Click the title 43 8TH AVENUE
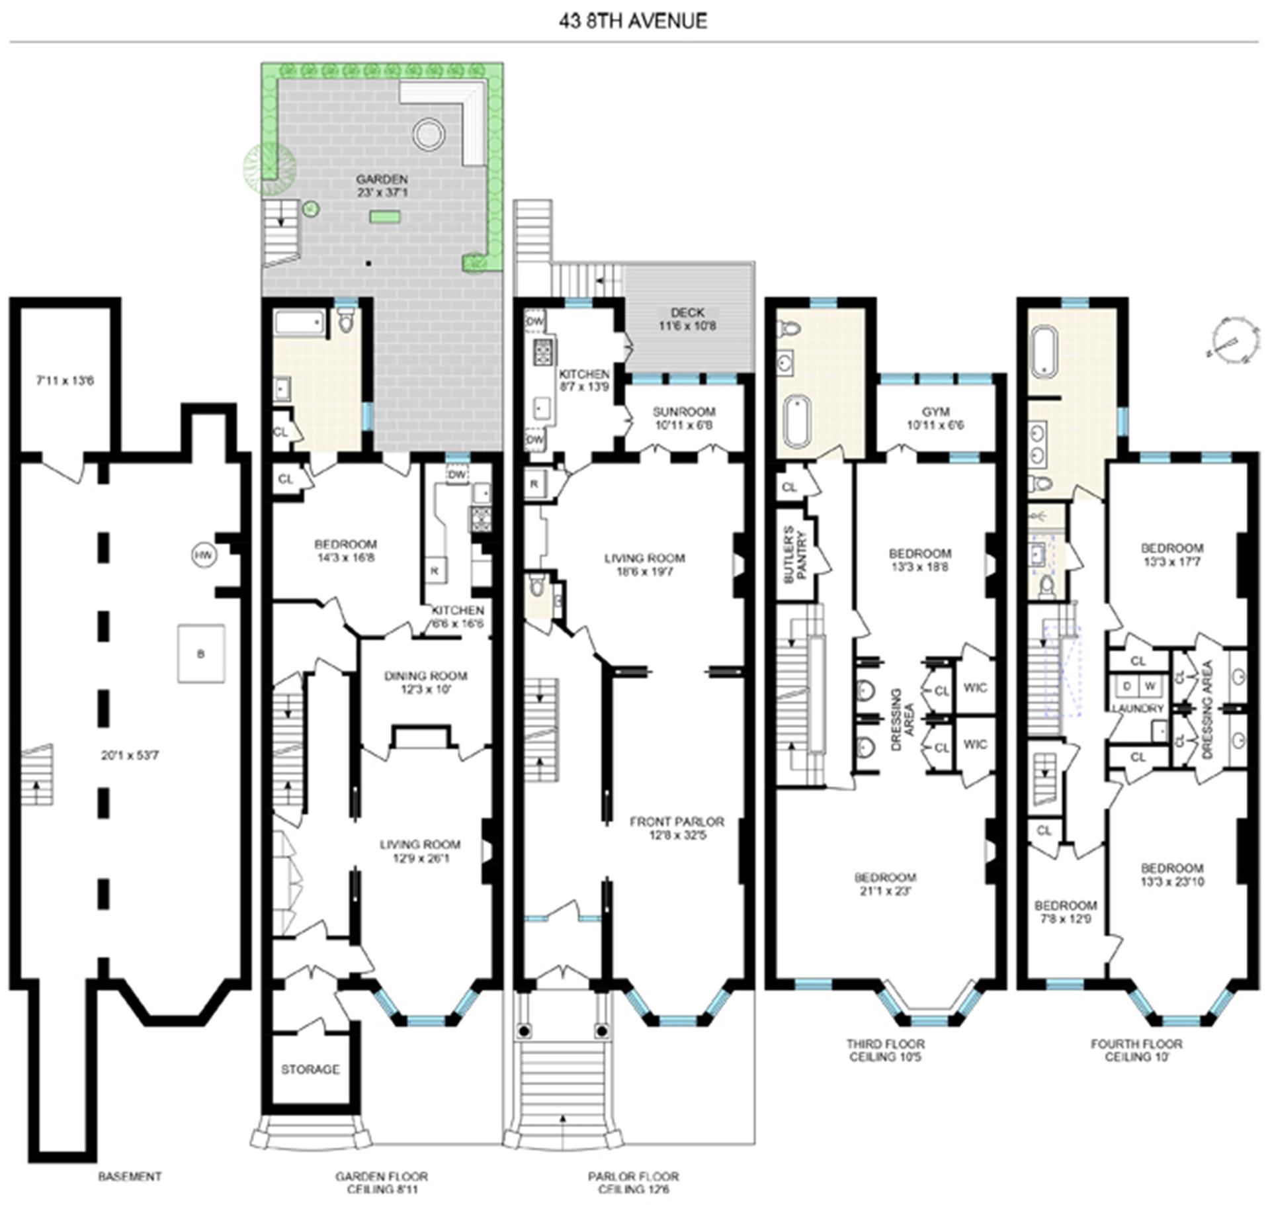(x=633, y=21)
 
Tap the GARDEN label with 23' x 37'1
(x=382, y=186)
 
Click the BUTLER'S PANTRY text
(x=794, y=555)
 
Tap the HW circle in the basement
(x=204, y=555)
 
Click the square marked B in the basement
(x=201, y=654)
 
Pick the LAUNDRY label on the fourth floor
(x=1138, y=708)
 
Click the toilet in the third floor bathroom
(x=790, y=328)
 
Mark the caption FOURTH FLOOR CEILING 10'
(x=1136, y=1050)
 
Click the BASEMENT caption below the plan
(x=130, y=1177)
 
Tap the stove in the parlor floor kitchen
(x=544, y=352)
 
